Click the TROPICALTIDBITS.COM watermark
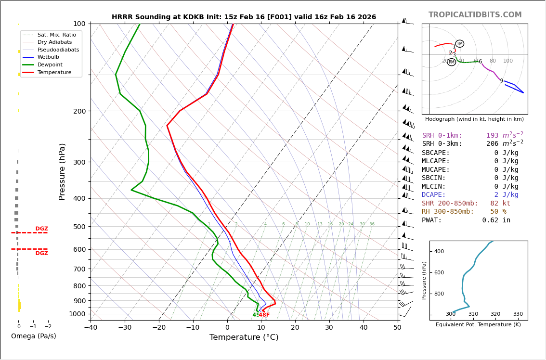(x=475, y=15)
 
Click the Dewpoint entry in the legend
(x=50, y=64)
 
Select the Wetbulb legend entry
(x=49, y=57)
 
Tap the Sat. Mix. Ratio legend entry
(x=56, y=35)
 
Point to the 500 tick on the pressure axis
(x=79, y=227)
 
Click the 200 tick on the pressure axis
(x=79, y=111)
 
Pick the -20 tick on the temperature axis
(x=159, y=328)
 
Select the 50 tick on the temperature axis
(x=397, y=328)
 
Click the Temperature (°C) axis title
(x=244, y=338)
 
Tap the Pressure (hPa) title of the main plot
(x=63, y=171)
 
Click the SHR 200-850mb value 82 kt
(x=500, y=204)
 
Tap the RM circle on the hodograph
(x=451, y=62)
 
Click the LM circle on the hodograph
(x=460, y=44)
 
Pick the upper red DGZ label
(x=41, y=229)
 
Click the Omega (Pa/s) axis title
(x=33, y=336)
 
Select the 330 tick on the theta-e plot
(x=518, y=314)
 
